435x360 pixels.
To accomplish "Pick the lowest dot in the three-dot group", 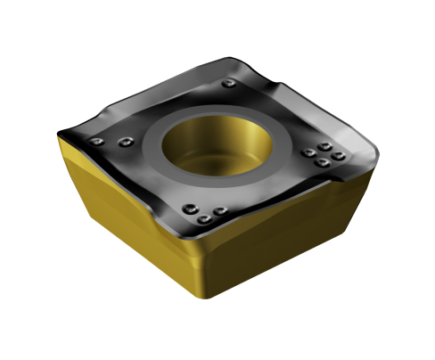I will (205, 218).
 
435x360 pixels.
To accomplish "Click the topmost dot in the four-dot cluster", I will (326, 145).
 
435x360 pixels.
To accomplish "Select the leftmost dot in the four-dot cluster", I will (308, 152).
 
